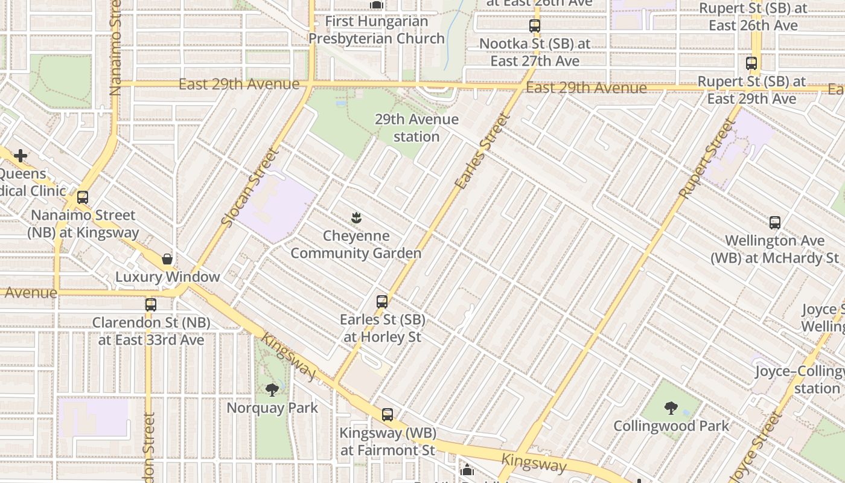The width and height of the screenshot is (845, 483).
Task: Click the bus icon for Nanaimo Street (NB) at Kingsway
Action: (x=83, y=197)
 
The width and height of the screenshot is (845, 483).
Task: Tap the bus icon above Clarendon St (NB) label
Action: (x=151, y=305)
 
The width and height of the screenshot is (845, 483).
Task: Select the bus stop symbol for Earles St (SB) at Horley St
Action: (x=381, y=301)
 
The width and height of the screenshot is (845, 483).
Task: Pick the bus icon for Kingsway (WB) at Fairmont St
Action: (x=387, y=415)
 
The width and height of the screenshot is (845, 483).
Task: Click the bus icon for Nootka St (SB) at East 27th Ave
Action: (x=534, y=26)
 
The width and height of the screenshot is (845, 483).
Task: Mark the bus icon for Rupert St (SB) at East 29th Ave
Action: (x=751, y=63)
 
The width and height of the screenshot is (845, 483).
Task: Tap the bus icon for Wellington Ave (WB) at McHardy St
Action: (x=775, y=223)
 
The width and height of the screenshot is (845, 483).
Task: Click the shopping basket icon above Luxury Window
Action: (x=167, y=259)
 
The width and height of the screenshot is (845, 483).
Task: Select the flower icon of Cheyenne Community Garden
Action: (x=356, y=218)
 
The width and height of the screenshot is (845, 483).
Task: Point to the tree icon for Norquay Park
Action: (x=272, y=390)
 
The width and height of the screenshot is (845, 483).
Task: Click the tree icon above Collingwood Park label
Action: (x=671, y=408)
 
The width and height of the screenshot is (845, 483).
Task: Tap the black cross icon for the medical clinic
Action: (x=21, y=156)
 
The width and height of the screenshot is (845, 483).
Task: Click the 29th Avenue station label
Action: (x=416, y=128)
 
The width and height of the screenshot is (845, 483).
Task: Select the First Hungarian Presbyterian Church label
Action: (x=377, y=30)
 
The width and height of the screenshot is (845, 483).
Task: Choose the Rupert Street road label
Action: (x=707, y=159)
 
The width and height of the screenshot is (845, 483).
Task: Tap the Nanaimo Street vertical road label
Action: (x=116, y=48)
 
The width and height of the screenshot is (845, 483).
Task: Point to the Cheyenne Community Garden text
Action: (x=356, y=245)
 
